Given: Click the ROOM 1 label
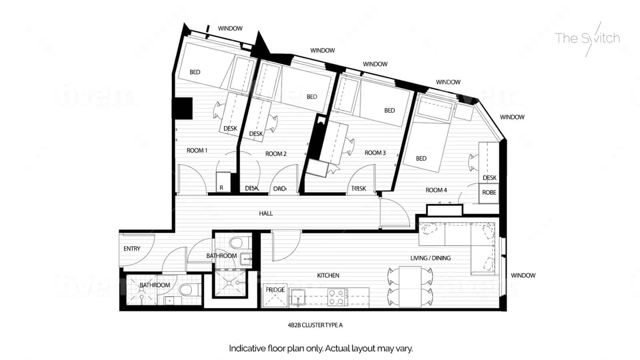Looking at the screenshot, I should coord(197,150).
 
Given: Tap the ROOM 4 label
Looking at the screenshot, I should coord(436,190).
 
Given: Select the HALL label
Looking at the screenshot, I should coord(266,214).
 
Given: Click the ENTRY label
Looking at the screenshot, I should coord(132,249).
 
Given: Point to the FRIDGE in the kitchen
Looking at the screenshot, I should coord(275,296).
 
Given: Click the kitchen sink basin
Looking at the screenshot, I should coord(298,297).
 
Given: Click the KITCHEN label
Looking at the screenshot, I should coord(328,276).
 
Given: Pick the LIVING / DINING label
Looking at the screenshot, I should coord(430,258).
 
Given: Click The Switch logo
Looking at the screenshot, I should coord(587,38).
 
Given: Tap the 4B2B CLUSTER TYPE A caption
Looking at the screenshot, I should coord(315,325).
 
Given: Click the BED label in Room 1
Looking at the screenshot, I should coord(195,72).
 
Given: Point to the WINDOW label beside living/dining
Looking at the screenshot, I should coord(523,276).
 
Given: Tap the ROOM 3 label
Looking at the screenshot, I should coord(375,153).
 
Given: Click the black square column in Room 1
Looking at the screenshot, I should coord(182,108).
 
